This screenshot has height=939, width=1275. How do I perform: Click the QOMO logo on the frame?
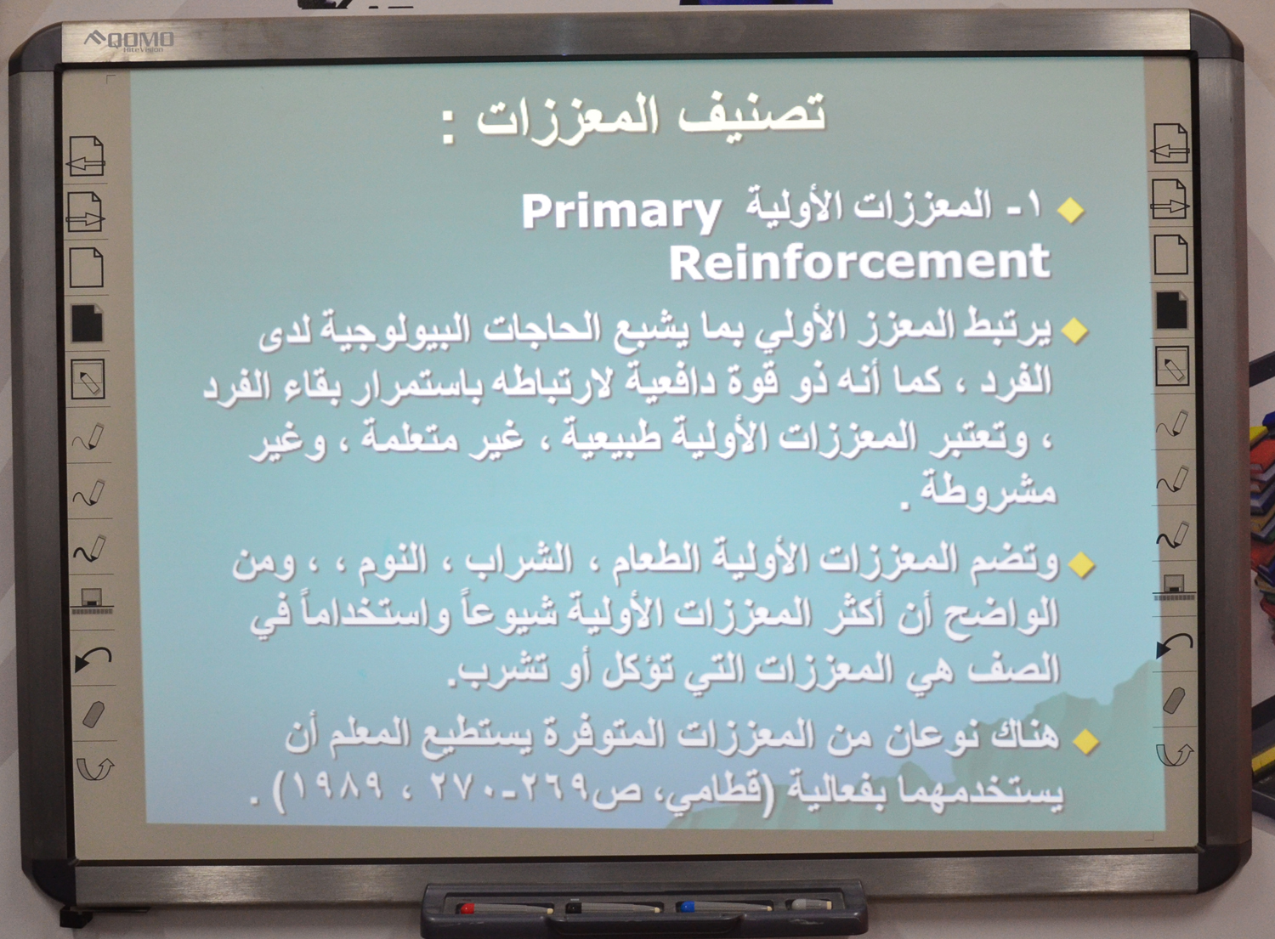pyautogui.click(x=130, y=41)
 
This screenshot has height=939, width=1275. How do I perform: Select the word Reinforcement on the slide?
pyautogui.click(x=859, y=262)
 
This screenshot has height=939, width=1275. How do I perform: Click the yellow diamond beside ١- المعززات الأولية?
pyautogui.click(x=1071, y=210)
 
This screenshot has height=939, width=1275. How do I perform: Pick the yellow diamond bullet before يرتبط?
pyautogui.click(x=1074, y=331)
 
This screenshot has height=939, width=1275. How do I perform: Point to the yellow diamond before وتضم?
pyautogui.click(x=1081, y=564)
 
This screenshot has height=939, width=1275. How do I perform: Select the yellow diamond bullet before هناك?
pyautogui.click(x=1085, y=740)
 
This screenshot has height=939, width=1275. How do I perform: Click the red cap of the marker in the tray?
pyautogui.click(x=467, y=908)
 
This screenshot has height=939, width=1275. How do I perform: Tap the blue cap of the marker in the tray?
pyautogui.click(x=687, y=906)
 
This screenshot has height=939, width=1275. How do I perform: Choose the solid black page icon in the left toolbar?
pyautogui.click(x=87, y=323)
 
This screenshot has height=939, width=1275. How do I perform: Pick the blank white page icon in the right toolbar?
pyautogui.click(x=1170, y=254)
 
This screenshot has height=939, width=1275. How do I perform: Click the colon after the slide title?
pyautogui.click(x=449, y=127)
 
